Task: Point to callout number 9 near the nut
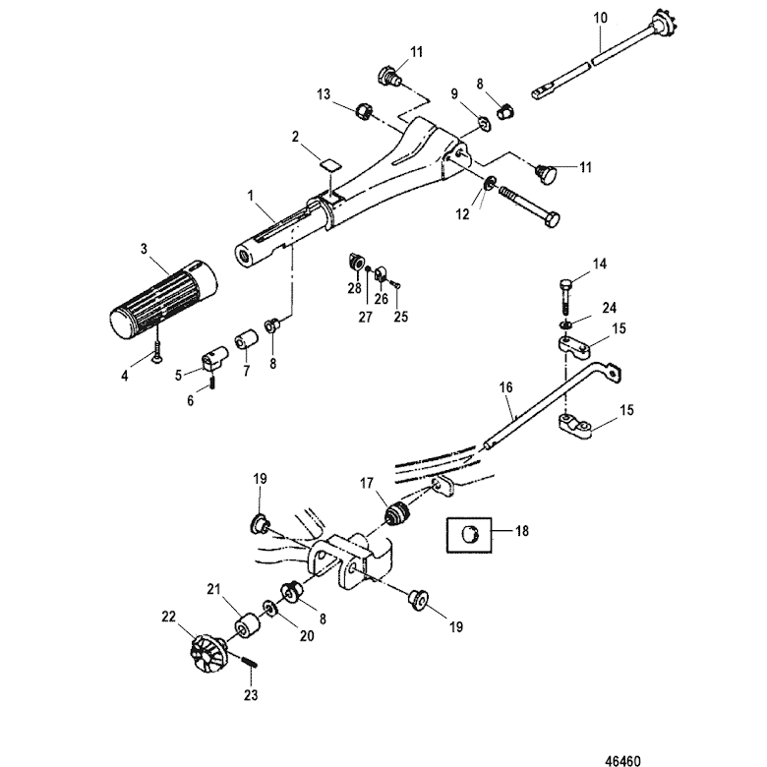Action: pyautogui.click(x=454, y=95)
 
